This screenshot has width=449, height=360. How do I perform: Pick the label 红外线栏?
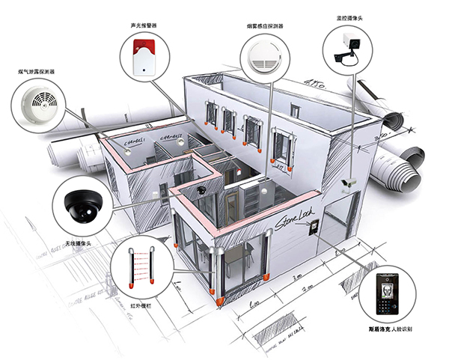pos(140,305)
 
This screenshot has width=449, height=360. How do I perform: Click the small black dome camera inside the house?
pos(201,191)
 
